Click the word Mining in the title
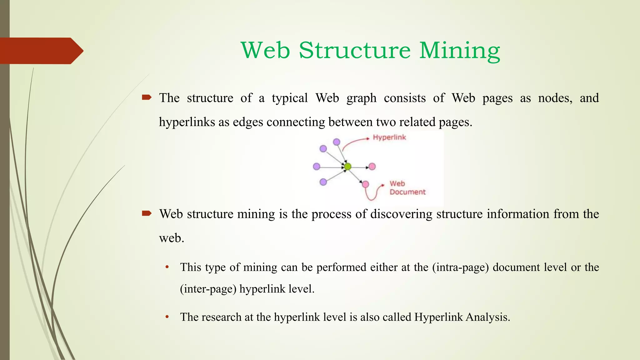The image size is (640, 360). tap(459, 51)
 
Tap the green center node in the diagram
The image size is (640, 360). tap(347, 167)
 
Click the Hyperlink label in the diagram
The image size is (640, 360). tap(389, 137)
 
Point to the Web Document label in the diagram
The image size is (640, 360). tap(407, 188)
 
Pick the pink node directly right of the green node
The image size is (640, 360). tap(372, 167)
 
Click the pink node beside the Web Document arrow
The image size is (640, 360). tap(365, 184)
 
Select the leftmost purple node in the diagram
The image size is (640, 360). tap(317, 167)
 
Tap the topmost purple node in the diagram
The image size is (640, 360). tap(337, 142)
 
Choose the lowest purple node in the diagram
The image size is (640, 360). tap(323, 182)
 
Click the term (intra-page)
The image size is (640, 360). tap(460, 267)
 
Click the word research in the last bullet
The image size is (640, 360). tap(221, 317)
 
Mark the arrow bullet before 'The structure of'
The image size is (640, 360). tap(147, 98)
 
